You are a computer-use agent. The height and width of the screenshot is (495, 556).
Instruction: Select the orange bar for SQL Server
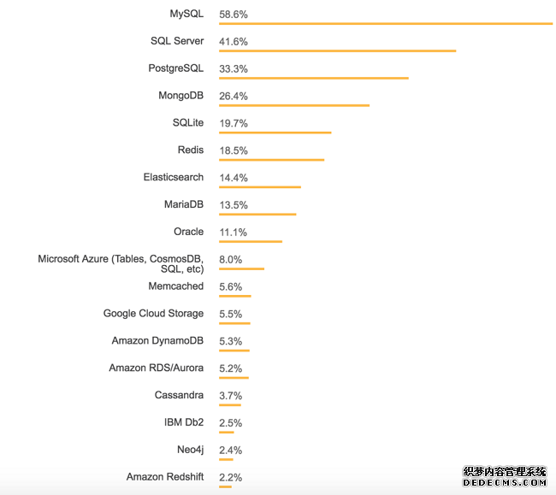[337, 50]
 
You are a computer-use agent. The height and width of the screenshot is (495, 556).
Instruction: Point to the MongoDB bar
[294, 105]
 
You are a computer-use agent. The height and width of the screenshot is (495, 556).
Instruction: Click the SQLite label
[188, 123]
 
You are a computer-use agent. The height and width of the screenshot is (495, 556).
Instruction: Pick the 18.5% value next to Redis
[234, 150]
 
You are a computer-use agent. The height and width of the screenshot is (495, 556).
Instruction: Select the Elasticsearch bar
[260, 186]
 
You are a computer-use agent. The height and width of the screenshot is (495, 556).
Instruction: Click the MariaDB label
[184, 204]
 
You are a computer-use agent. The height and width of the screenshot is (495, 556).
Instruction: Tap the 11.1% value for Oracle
[234, 232]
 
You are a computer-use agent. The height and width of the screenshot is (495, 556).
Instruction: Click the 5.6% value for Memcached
[231, 286]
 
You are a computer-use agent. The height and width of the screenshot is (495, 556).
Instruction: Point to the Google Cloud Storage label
[153, 314]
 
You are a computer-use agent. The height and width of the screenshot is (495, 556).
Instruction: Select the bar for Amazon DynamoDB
[234, 351]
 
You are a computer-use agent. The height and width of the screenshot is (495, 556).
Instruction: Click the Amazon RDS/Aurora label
[157, 368]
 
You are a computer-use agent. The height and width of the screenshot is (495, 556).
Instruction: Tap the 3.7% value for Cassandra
[231, 396]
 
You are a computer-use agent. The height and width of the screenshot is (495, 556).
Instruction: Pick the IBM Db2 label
[184, 422]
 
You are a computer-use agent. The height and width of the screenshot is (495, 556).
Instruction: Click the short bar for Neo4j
[226, 459]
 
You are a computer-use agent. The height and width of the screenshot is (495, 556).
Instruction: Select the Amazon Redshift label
[165, 477]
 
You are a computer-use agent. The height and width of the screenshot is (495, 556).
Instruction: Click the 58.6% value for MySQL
[234, 15]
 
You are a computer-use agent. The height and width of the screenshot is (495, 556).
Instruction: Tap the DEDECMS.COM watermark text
[505, 483]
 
